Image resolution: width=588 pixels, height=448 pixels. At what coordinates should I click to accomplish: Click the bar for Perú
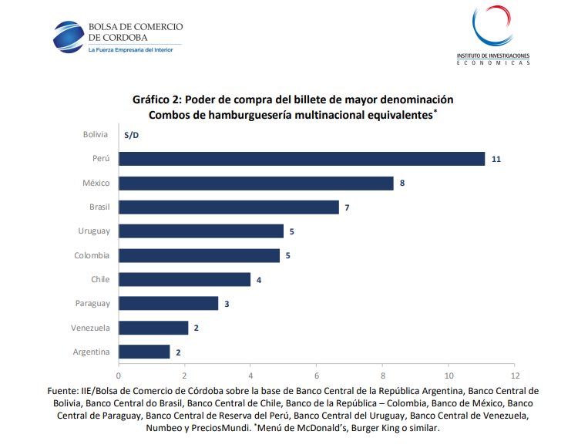coord(301,159)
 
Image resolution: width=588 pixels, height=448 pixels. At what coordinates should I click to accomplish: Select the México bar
coord(256,184)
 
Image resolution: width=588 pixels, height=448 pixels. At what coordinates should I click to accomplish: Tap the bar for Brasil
coord(229,207)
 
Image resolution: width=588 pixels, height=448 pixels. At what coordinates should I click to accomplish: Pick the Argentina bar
coord(144,352)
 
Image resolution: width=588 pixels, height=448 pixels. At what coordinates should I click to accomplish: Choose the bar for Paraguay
coord(168,304)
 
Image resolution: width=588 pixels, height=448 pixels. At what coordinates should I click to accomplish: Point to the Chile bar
coord(185,279)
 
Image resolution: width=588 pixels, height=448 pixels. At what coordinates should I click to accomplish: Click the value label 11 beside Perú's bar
coord(496,159)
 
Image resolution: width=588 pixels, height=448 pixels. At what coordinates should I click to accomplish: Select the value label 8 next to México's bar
coord(402,184)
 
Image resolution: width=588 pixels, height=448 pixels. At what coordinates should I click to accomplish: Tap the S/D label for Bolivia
coord(131,135)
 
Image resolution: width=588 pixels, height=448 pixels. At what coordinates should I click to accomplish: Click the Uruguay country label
coord(94,231)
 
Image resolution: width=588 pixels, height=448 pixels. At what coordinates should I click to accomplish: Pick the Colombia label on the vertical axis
coord(92,255)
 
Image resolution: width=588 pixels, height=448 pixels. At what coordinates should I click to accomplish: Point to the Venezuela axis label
coord(90,328)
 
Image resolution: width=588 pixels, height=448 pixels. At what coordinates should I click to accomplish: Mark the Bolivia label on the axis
coord(96,135)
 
